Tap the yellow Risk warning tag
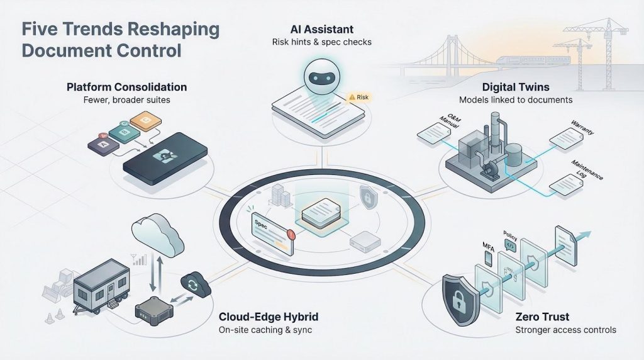pos(359,98)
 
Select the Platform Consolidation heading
pos(126,87)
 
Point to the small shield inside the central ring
pos(367,196)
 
